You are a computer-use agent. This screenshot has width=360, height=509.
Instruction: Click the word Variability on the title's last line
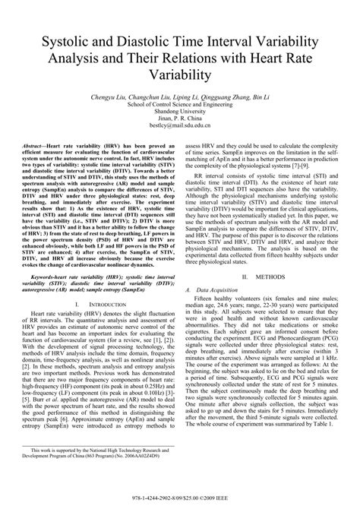click(x=180, y=74)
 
